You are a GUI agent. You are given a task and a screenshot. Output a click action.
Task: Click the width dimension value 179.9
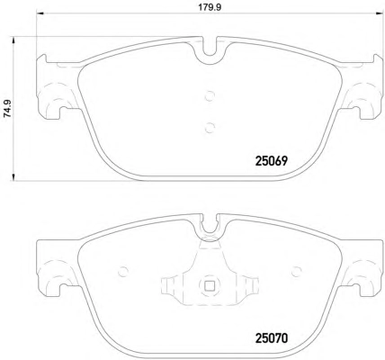210,7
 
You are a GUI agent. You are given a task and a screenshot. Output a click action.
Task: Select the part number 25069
272,161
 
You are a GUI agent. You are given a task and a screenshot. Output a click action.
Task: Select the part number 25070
272,338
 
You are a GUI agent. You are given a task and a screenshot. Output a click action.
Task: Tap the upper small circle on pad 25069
210,96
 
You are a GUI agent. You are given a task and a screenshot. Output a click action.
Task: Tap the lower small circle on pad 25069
210,128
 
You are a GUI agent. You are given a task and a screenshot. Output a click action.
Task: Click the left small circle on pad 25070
123,272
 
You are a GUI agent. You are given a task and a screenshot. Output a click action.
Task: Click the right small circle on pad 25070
296,272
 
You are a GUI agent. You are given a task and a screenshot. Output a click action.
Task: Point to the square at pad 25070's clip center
210,285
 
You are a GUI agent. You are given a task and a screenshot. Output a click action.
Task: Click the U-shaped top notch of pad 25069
210,54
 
